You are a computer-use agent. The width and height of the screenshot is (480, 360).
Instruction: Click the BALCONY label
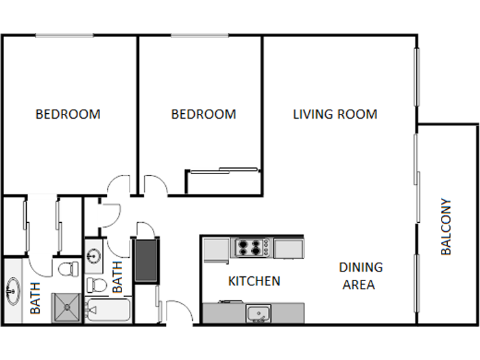pos(446,226)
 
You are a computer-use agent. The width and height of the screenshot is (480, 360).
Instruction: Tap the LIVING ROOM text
pos(335,115)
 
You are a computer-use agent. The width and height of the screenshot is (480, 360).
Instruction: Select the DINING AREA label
pos(360,276)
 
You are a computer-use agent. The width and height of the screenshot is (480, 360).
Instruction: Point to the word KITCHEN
pos(254,281)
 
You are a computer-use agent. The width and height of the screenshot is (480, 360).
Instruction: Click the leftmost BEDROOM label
pos(68,115)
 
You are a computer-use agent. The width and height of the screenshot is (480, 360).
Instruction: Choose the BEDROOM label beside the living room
pos(204,115)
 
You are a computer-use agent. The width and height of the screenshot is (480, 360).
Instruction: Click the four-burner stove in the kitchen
pos(252,248)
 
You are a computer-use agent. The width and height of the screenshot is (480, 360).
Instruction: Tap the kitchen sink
pos(259,313)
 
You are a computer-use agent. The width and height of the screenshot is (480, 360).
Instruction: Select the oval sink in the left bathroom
pos(13,291)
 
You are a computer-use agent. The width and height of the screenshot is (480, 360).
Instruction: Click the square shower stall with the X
pos(67,308)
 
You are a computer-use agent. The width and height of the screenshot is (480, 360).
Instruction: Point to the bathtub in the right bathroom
pos(108,310)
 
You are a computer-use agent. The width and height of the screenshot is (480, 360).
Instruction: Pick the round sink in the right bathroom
pos(94,255)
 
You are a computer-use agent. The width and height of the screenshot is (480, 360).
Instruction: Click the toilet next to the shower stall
pos(69,269)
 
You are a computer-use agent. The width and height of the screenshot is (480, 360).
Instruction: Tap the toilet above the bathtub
pos(97,285)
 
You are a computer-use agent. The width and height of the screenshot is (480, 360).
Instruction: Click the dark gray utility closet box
pos(146,261)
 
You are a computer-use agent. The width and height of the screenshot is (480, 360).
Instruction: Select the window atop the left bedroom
pos(64,36)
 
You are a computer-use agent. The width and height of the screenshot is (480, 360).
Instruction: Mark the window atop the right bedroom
pos(200,36)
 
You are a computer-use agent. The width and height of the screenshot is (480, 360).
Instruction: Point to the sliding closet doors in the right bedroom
pos(224,171)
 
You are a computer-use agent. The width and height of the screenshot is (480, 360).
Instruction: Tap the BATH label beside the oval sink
pos(35,298)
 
